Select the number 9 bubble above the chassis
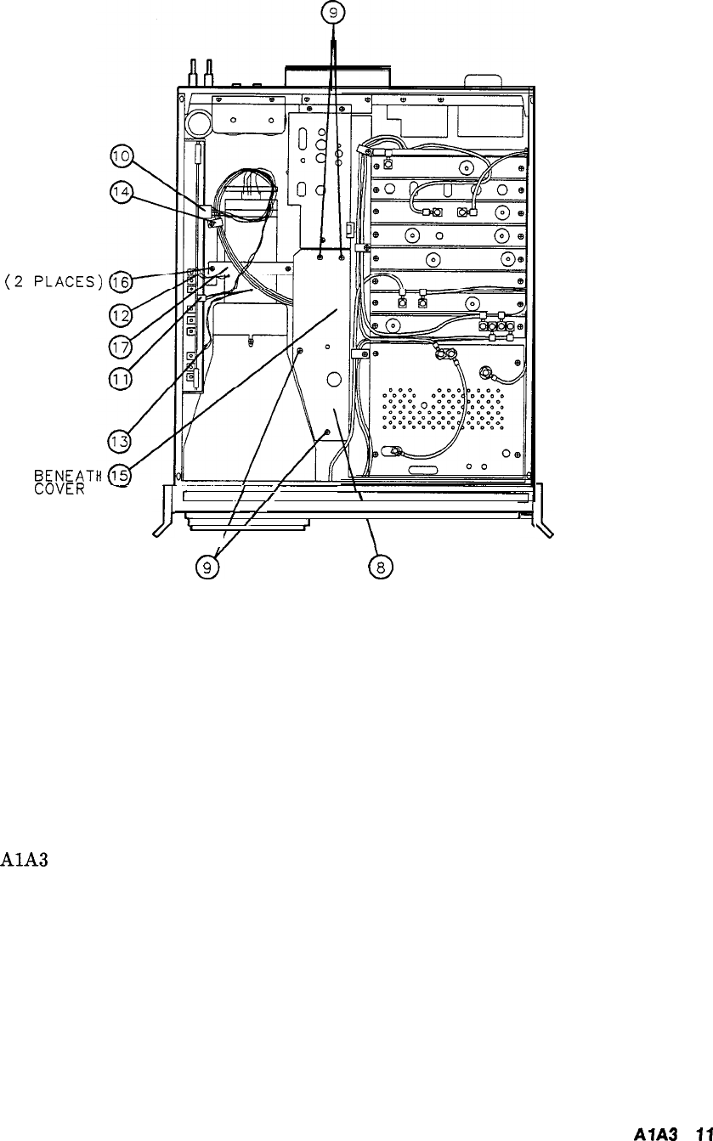click(x=333, y=13)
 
